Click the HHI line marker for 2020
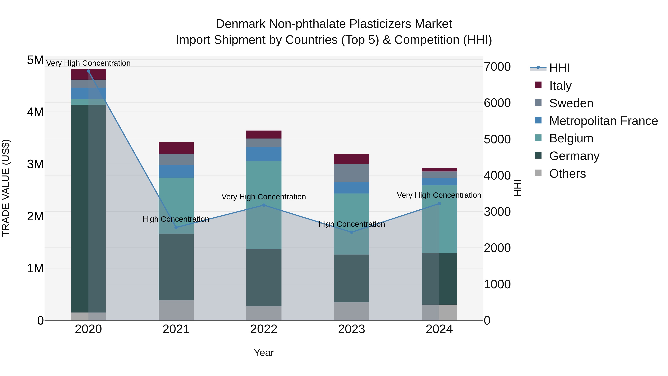pyautogui.click(x=89, y=71)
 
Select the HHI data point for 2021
pyautogui.click(x=176, y=227)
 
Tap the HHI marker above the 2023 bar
pyautogui.click(x=351, y=232)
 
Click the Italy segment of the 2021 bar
pyautogui.click(x=176, y=148)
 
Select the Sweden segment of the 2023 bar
pyautogui.click(x=351, y=173)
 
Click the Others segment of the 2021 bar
pyautogui.click(x=176, y=310)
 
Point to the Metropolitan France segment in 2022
pyautogui.click(x=264, y=154)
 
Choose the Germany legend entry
pyautogui.click(x=574, y=156)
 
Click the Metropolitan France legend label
pyautogui.click(x=603, y=121)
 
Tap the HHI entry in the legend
pyautogui.click(x=559, y=68)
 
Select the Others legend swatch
pyautogui.click(x=538, y=173)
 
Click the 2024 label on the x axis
pyautogui.click(x=439, y=329)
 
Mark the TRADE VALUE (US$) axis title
pyautogui.click(x=6, y=188)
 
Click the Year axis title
pyautogui.click(x=264, y=353)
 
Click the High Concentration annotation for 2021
pyautogui.click(x=176, y=219)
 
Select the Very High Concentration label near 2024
pyautogui.click(x=439, y=195)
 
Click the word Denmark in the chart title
pyautogui.click(x=240, y=24)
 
